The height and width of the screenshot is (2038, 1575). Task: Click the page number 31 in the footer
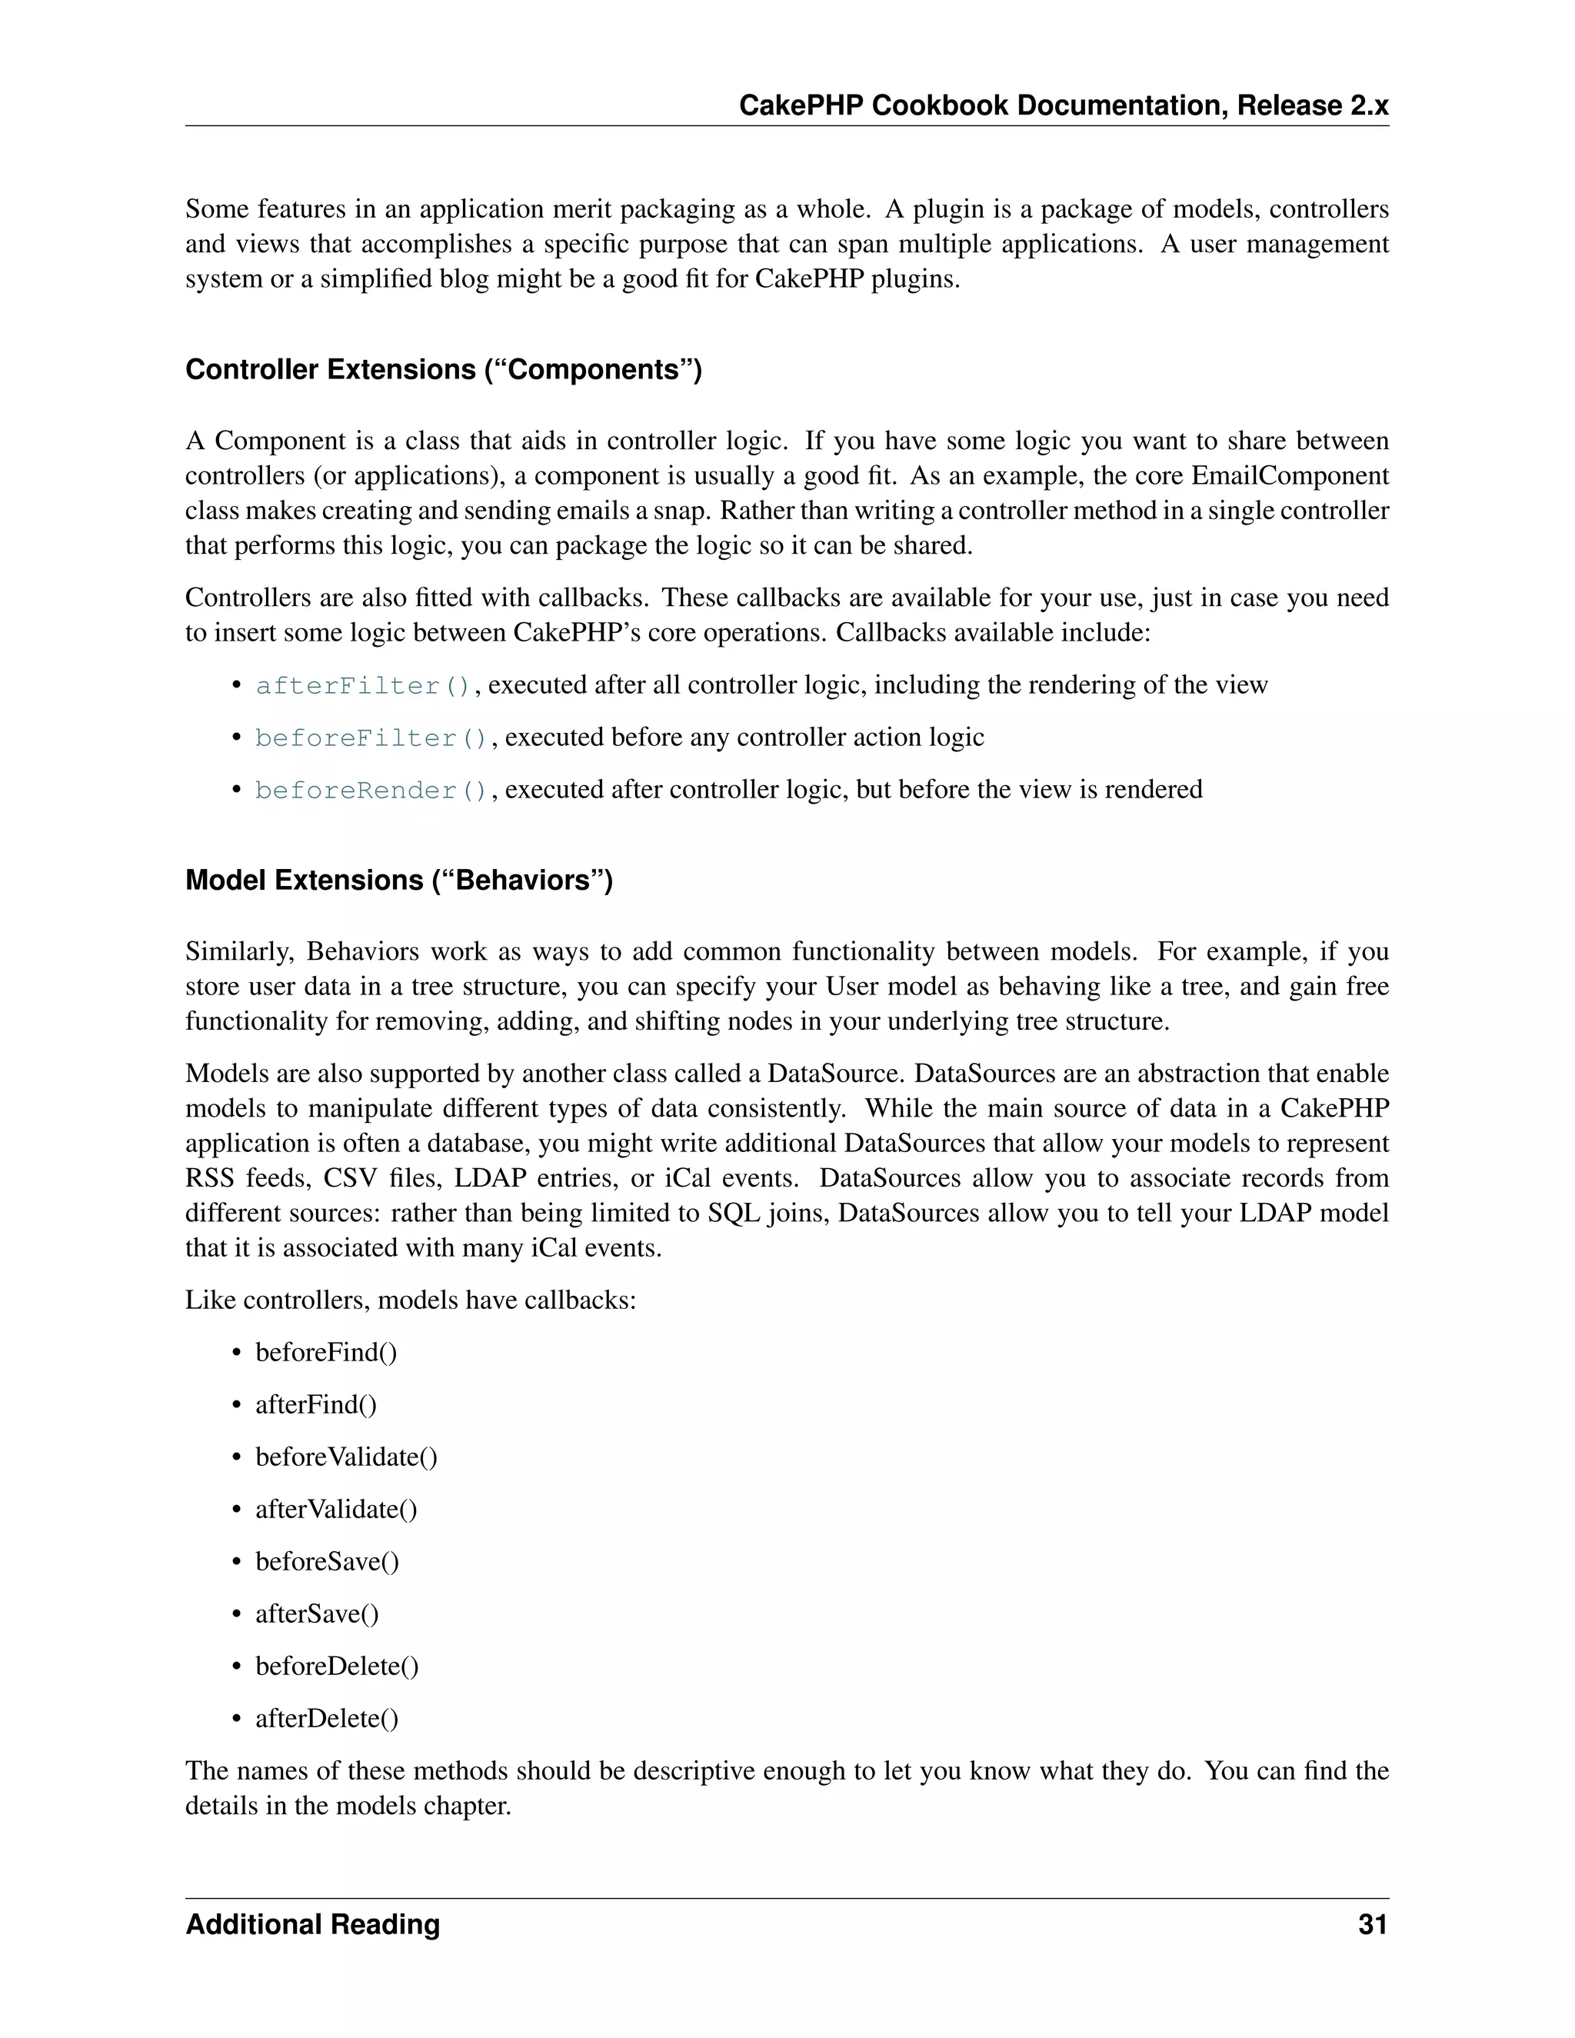(x=1373, y=1925)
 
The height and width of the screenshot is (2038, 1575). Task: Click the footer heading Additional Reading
(x=312, y=1925)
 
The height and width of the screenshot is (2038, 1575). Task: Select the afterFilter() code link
(x=363, y=686)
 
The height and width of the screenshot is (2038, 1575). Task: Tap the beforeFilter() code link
(x=371, y=738)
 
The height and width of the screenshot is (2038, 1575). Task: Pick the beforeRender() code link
(x=371, y=791)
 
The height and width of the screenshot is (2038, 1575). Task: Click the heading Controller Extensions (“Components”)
(x=443, y=369)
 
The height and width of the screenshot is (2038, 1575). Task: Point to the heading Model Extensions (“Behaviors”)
(x=398, y=880)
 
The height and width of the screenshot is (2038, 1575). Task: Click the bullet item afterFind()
(x=315, y=1404)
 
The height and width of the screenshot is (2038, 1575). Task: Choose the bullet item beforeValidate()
(x=346, y=1457)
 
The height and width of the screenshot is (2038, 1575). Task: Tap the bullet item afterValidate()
(x=336, y=1509)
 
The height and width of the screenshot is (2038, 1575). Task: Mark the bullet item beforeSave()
(x=327, y=1561)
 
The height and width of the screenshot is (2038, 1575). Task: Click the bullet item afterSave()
(x=318, y=1613)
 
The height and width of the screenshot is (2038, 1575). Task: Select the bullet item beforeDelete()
(x=337, y=1666)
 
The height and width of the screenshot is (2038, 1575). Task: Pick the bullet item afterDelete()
(x=327, y=1718)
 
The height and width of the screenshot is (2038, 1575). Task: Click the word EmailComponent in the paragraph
(x=1290, y=476)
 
